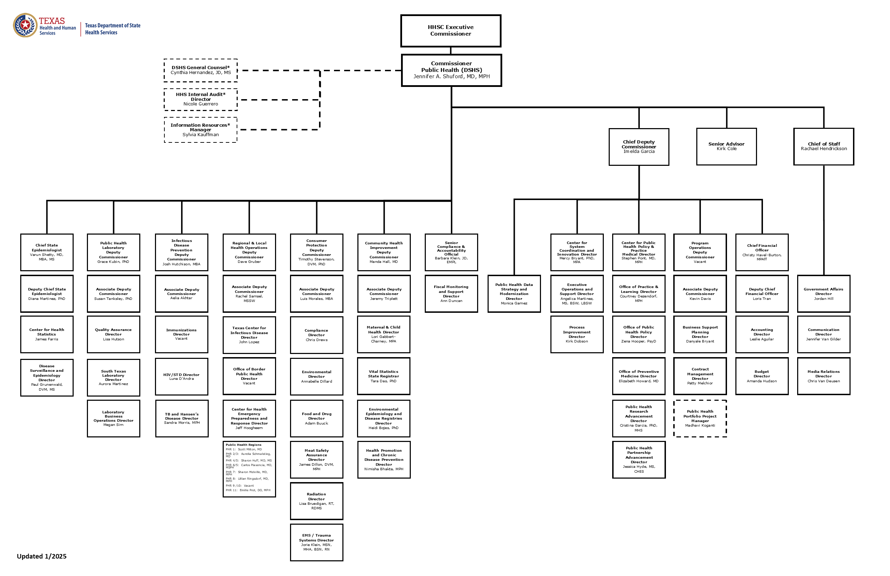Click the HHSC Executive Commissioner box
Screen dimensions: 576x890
click(x=451, y=31)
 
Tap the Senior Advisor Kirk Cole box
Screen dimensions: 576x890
click(x=726, y=146)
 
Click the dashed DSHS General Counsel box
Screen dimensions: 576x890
click(x=201, y=70)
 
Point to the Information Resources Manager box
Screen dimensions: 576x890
click(x=200, y=130)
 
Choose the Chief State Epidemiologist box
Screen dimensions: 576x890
click(x=47, y=252)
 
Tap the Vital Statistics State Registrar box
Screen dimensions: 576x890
click(x=384, y=376)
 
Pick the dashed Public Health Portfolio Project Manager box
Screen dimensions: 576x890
click(x=700, y=418)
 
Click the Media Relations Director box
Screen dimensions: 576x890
click(x=823, y=376)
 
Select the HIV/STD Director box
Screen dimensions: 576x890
click(x=181, y=376)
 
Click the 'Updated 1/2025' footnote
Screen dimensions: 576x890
click(x=42, y=556)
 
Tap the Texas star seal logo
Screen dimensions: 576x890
click(x=25, y=25)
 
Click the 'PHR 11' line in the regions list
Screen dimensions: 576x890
click(x=248, y=490)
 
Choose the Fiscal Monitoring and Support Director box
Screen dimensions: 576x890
click(x=451, y=294)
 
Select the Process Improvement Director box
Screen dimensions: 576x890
click(x=577, y=334)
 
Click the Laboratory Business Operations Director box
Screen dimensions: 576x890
click(x=113, y=418)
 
